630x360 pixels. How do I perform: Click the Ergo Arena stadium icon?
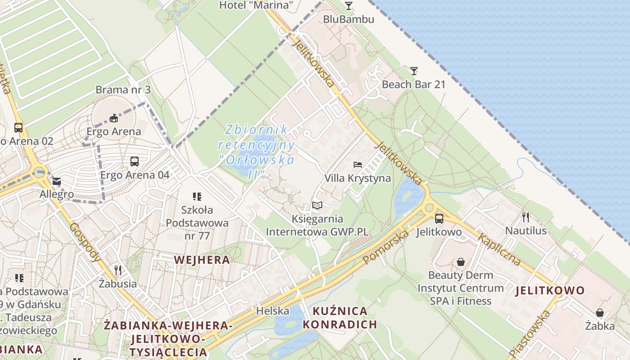(x=114, y=118)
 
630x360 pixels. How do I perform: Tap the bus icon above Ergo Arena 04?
(x=134, y=161)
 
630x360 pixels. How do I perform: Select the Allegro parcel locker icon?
(x=57, y=181)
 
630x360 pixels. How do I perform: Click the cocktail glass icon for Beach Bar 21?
(x=414, y=71)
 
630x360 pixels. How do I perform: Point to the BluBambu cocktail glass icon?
(x=348, y=5)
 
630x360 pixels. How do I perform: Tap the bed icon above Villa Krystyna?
(x=358, y=164)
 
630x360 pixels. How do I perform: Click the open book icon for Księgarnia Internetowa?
(x=317, y=206)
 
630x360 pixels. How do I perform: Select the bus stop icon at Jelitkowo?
(x=439, y=218)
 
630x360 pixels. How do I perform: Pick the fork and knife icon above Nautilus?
(x=526, y=217)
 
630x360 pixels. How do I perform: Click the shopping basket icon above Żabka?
(x=600, y=312)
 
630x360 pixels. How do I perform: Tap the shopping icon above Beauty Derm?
(x=461, y=261)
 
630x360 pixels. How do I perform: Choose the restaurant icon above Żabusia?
(x=118, y=270)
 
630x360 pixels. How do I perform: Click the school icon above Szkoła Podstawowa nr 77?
(x=197, y=196)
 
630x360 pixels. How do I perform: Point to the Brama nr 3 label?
(x=123, y=90)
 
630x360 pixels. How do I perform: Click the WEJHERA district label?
(x=202, y=260)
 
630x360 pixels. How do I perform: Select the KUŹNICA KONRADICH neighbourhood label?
(x=339, y=318)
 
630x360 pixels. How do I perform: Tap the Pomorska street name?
(x=386, y=247)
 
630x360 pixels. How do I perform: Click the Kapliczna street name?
(x=499, y=249)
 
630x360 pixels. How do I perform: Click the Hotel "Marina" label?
(x=256, y=5)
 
